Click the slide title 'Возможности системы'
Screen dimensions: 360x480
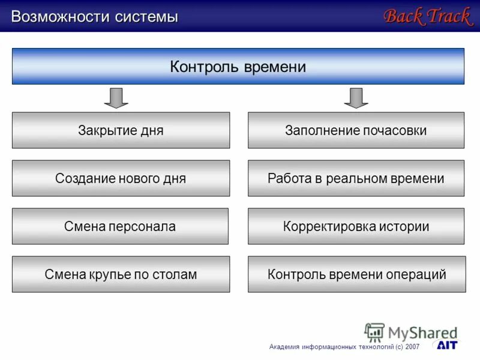tap(95, 17)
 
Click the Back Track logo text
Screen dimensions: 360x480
tap(427, 16)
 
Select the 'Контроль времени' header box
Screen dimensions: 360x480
tap(238, 67)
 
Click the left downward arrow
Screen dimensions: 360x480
tap(116, 98)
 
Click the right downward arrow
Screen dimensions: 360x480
tap(356, 98)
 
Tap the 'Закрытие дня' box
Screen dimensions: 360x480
tap(121, 130)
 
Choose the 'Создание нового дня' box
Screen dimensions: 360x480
tap(121, 178)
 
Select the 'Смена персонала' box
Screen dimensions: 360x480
tap(120, 226)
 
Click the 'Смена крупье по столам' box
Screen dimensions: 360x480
tap(121, 274)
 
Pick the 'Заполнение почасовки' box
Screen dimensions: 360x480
tap(356, 130)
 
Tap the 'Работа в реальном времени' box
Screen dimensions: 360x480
tap(356, 178)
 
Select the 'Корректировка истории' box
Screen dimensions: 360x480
tap(356, 226)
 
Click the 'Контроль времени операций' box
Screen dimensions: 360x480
tap(356, 274)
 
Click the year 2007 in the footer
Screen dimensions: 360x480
tap(413, 347)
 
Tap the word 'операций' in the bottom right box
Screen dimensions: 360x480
tap(421, 275)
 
